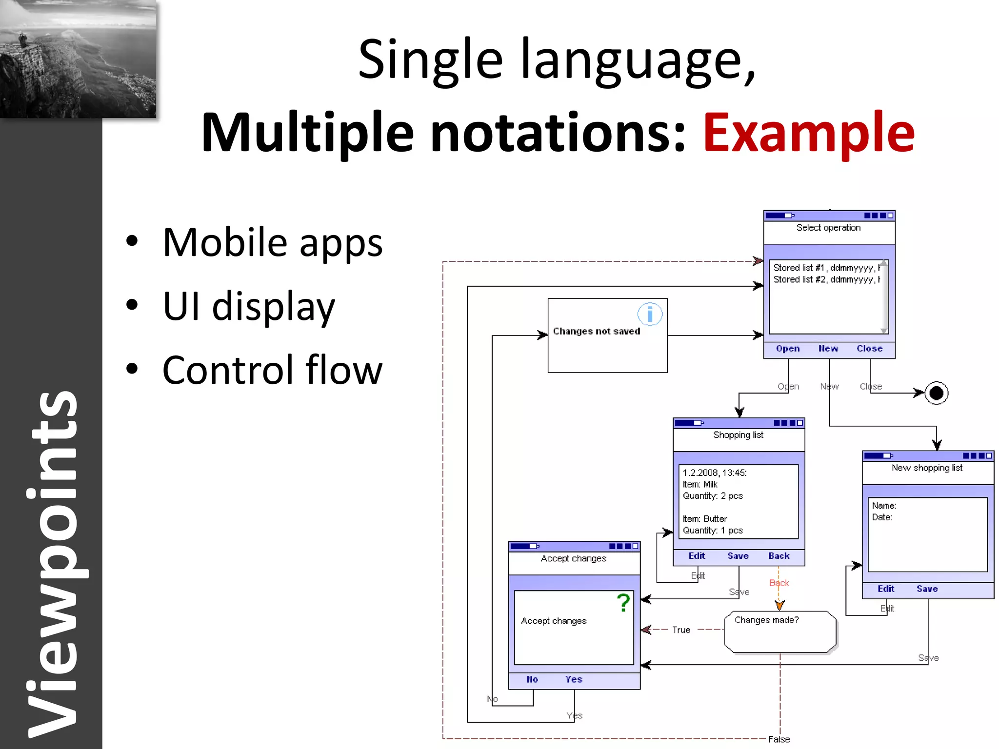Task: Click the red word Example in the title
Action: click(808, 133)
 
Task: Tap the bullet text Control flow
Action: click(272, 370)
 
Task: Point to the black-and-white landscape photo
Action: click(78, 59)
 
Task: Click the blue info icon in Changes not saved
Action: click(650, 315)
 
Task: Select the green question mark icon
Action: click(623, 603)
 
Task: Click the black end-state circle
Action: click(936, 393)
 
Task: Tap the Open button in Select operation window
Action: click(788, 349)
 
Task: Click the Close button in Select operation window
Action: click(869, 349)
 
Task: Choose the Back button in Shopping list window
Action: click(779, 556)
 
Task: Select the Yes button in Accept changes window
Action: click(574, 679)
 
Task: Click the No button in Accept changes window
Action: click(532, 679)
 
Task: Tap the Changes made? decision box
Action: click(779, 632)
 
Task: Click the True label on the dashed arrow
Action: click(681, 630)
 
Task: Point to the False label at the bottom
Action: click(779, 739)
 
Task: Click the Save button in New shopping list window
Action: click(927, 589)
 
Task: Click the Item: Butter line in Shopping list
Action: click(705, 519)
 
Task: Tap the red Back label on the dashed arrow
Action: click(779, 583)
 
